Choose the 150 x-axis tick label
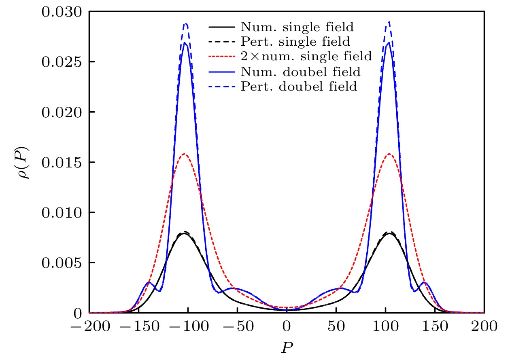point(435,326)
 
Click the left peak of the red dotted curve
point(184,154)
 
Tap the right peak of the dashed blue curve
point(389,22)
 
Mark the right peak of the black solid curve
point(389,233)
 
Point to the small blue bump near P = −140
point(149,282)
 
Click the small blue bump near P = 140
point(424,282)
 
